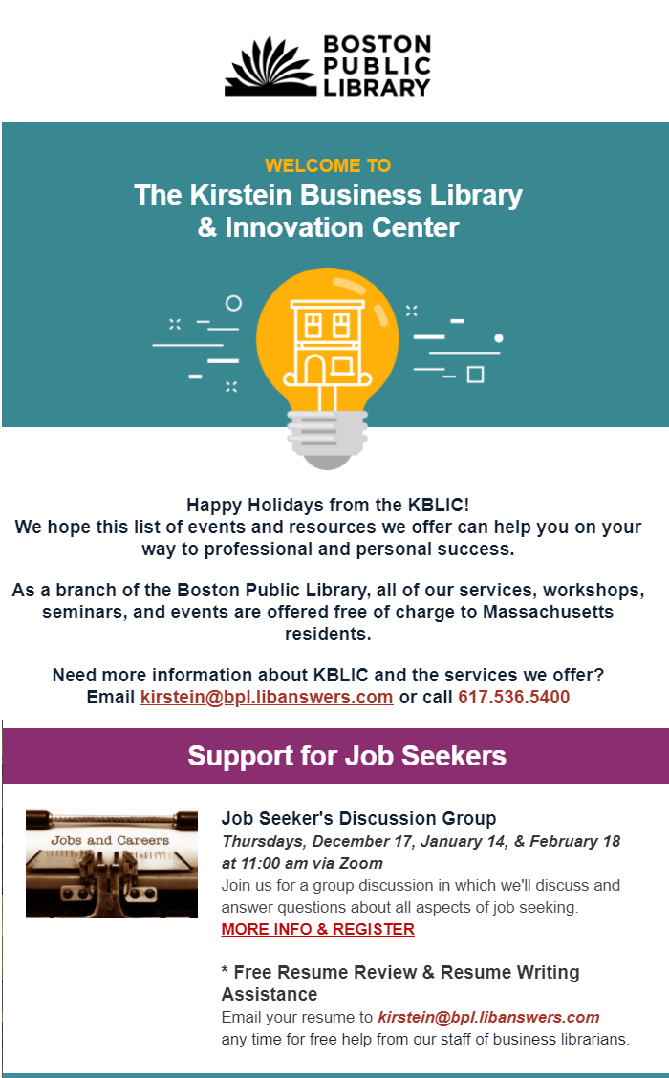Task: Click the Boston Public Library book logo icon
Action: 270,67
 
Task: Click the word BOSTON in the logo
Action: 378,45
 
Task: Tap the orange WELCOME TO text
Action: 328,165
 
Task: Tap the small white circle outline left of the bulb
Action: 234,303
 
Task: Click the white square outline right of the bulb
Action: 475,375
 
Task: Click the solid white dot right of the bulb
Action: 499,338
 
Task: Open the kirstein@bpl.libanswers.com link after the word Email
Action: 267,697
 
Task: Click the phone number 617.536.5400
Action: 513,697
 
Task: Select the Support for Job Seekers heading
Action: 347,756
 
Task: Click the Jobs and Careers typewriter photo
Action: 112,864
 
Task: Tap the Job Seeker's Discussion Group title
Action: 359,818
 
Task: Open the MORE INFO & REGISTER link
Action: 317,929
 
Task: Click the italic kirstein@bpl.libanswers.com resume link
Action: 489,1017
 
